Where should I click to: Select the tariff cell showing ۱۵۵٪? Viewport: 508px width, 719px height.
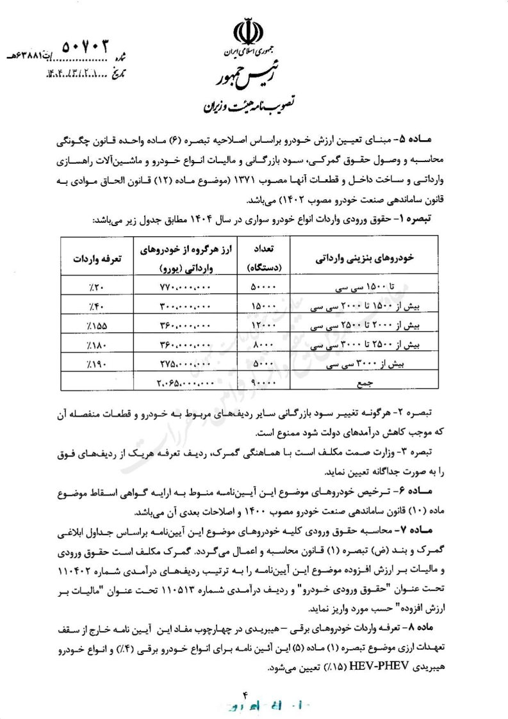[96, 326]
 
